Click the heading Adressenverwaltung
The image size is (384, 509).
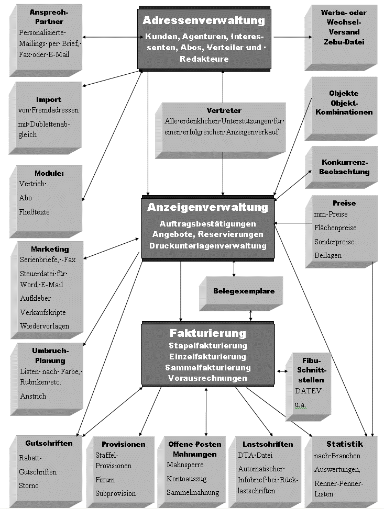tap(204, 21)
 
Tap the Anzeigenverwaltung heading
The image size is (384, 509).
tap(207, 207)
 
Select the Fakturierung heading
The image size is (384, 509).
tap(207, 333)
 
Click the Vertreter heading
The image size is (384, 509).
tap(224, 110)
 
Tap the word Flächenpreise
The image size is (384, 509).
tap(335, 228)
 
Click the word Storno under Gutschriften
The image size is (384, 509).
tap(29, 485)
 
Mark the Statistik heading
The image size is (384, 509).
tap(344, 444)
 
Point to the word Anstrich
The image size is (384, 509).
tap(33, 396)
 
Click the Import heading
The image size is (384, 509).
tap(48, 99)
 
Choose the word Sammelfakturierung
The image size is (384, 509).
tap(207, 368)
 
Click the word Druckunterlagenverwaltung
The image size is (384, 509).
tap(207, 245)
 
